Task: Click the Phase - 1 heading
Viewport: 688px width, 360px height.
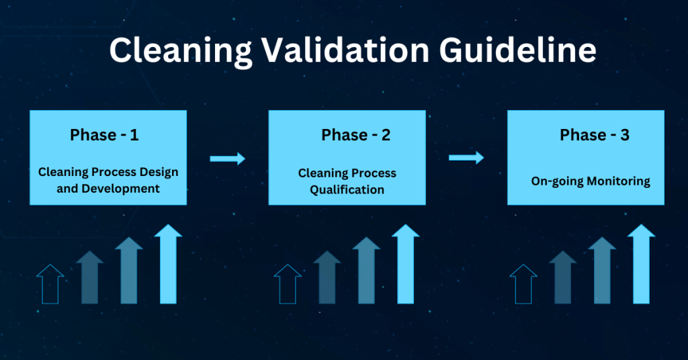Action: coord(104,135)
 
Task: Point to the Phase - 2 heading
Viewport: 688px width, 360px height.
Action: coord(356,135)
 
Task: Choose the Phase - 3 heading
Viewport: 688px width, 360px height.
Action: coord(595,135)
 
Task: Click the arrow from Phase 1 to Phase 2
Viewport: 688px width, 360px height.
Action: coord(227,159)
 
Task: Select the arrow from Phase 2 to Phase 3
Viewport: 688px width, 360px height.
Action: coord(466,157)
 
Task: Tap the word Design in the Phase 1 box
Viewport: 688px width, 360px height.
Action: coord(159,173)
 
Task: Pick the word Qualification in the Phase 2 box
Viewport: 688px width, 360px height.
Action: coord(347,190)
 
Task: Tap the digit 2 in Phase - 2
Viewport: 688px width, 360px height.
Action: coord(386,135)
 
